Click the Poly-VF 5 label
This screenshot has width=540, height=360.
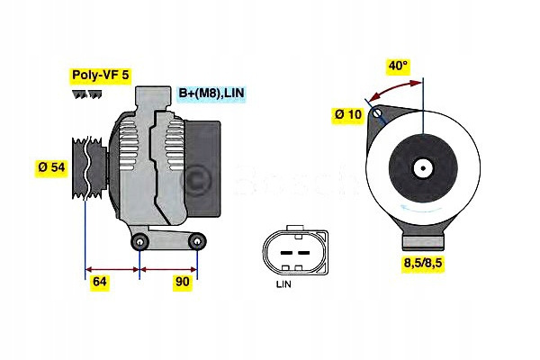[101, 76]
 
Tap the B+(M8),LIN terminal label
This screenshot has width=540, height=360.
[211, 93]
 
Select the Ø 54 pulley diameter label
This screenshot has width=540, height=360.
[51, 167]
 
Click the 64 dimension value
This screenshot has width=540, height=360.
[100, 282]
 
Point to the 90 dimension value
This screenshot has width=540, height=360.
[182, 282]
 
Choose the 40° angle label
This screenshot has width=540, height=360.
[398, 66]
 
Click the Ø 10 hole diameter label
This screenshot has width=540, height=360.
[348, 114]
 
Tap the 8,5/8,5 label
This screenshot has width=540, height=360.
[423, 263]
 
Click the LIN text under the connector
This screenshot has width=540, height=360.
[283, 284]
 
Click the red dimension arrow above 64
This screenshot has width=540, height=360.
[112, 269]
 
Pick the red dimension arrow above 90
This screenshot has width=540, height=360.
[168, 269]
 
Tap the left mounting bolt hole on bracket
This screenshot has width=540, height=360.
[139, 242]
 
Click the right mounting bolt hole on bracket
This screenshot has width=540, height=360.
[197, 242]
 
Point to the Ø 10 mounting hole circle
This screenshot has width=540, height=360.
[377, 112]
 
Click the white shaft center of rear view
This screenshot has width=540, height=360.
[423, 168]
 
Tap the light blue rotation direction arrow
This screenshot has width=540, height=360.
[421, 208]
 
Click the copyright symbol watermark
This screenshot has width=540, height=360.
[195, 178]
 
